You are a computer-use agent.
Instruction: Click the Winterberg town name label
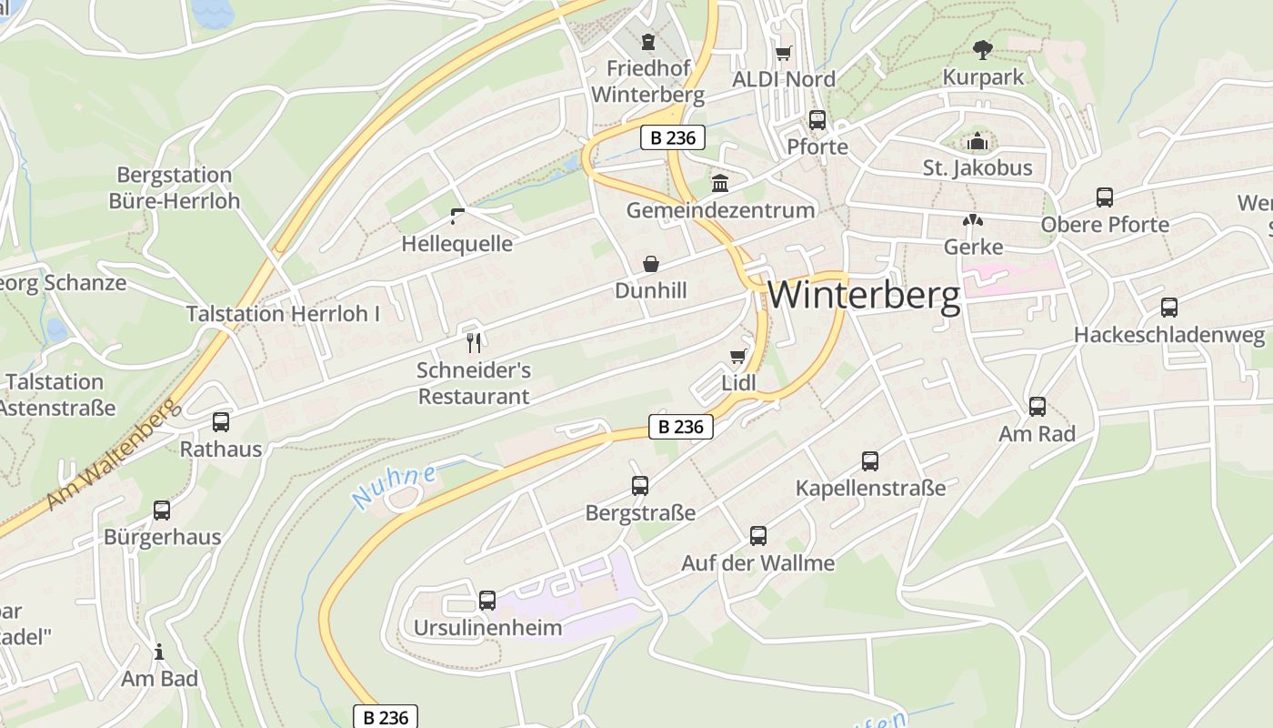point(864,296)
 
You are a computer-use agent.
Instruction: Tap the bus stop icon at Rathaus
point(221,422)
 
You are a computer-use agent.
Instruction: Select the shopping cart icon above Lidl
point(737,356)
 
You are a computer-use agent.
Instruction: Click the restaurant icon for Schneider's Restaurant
point(473,342)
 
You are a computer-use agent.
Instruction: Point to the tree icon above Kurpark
point(982,49)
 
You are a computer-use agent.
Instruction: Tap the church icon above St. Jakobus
point(977,141)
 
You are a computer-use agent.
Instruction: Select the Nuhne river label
point(394,487)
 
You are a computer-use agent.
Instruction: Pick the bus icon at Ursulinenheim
point(487,601)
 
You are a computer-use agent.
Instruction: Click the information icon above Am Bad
point(159,652)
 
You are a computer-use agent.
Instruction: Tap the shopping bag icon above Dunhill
point(651,264)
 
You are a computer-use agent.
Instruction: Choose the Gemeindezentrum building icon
point(720,183)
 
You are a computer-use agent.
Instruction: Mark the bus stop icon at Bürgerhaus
point(162,511)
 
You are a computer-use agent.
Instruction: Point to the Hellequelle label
point(456,244)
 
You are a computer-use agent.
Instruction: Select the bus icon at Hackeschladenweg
point(1168,308)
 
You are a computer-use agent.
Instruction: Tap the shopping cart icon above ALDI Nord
point(783,53)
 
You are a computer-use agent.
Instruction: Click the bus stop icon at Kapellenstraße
point(870,461)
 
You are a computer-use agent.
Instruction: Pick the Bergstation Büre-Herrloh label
point(175,187)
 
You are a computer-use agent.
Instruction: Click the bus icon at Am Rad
point(1037,407)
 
